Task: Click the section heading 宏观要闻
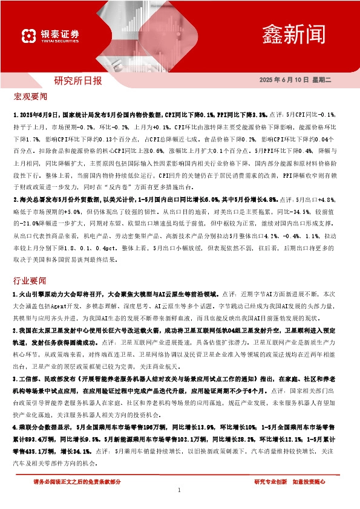tap(30, 97)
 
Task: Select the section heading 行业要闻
tap(30, 281)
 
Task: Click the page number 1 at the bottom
tap(180, 490)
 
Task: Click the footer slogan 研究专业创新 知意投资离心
tap(290, 481)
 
